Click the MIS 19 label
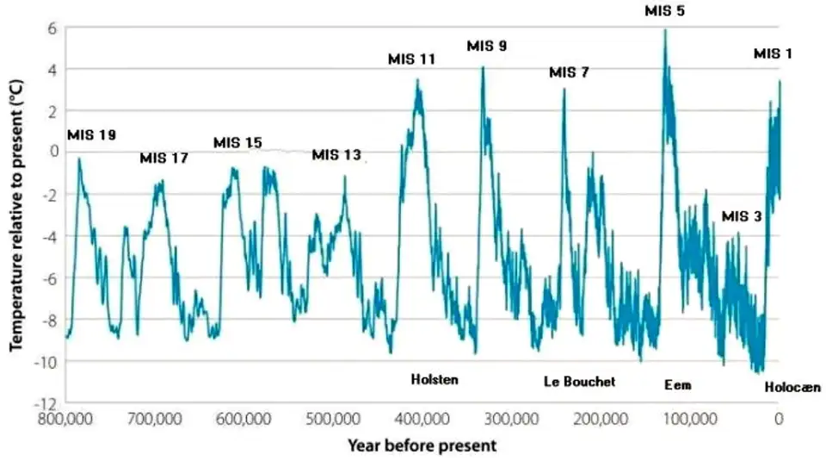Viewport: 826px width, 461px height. (x=91, y=134)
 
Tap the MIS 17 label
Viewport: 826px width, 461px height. (x=163, y=159)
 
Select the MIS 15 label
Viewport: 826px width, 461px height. (x=237, y=142)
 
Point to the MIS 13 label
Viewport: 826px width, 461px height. (x=336, y=155)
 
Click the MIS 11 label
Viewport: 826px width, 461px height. (x=411, y=59)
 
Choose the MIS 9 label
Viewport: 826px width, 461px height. (x=486, y=46)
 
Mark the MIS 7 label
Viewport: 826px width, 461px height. (x=569, y=72)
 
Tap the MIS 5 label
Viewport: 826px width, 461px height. (x=664, y=11)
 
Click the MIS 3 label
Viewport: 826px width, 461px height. (x=741, y=216)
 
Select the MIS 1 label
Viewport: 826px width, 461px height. (x=774, y=53)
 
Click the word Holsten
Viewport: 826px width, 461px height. (x=435, y=379)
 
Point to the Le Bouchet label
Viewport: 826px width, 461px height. (x=580, y=381)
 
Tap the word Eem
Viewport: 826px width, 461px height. (x=677, y=385)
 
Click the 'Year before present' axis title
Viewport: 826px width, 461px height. (x=422, y=445)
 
